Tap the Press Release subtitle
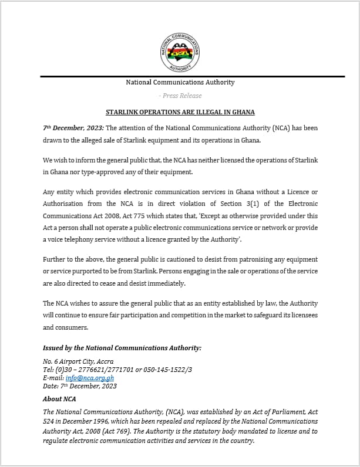pyautogui.click(x=180, y=96)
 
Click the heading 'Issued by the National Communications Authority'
pyautogui.click(x=122, y=348)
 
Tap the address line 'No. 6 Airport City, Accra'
pyautogui.click(x=78, y=361)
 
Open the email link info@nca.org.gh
pyautogui.click(x=90, y=378)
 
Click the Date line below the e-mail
pyautogui.click(x=80, y=386)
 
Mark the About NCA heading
pyautogui.click(x=59, y=399)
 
